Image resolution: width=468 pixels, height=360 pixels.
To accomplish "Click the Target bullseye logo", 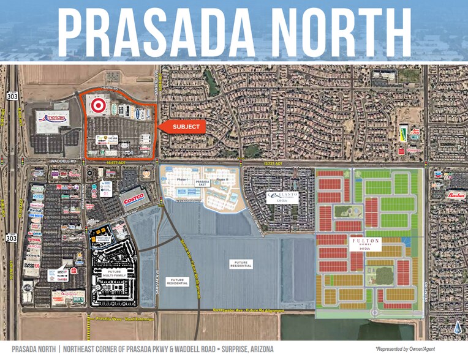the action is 96,106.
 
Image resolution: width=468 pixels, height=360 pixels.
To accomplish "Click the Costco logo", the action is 134,198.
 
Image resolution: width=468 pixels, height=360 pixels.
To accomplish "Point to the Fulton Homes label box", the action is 366,244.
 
